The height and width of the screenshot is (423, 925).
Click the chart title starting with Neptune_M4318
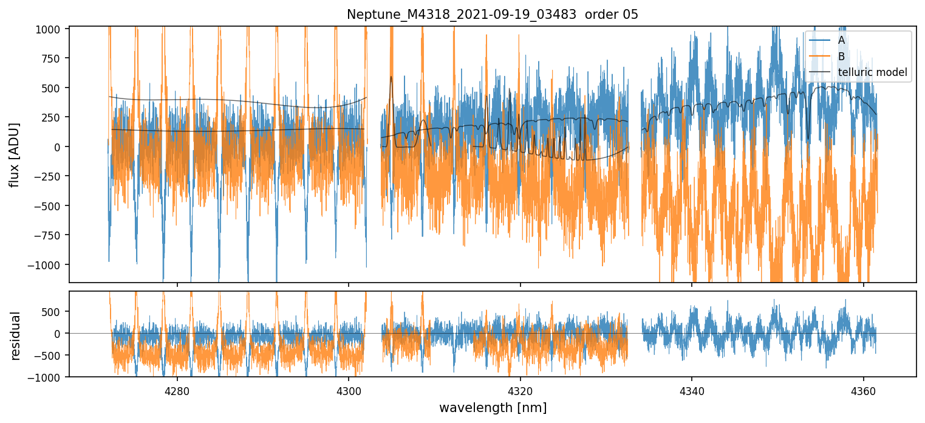(x=493, y=15)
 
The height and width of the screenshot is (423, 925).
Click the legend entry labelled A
(x=841, y=40)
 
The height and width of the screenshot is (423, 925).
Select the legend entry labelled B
(x=841, y=57)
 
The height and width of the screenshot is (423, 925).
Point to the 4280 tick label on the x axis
(x=177, y=390)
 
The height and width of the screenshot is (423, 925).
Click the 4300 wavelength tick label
(x=349, y=390)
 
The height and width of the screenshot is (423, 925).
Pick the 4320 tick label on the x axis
(x=521, y=390)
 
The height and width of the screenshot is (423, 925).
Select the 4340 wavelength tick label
(x=692, y=390)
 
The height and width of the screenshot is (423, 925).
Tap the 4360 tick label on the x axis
(x=864, y=390)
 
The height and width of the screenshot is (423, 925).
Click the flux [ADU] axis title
(x=14, y=154)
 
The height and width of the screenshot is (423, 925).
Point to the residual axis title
(x=14, y=335)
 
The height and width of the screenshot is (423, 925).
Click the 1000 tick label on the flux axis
(x=51, y=29)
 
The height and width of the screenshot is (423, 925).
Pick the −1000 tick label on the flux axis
(x=49, y=265)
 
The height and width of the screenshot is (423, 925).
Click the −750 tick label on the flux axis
(x=51, y=235)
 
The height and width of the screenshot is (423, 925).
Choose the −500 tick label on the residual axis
(x=51, y=356)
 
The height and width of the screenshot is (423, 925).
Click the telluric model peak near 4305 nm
(x=391, y=77)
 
